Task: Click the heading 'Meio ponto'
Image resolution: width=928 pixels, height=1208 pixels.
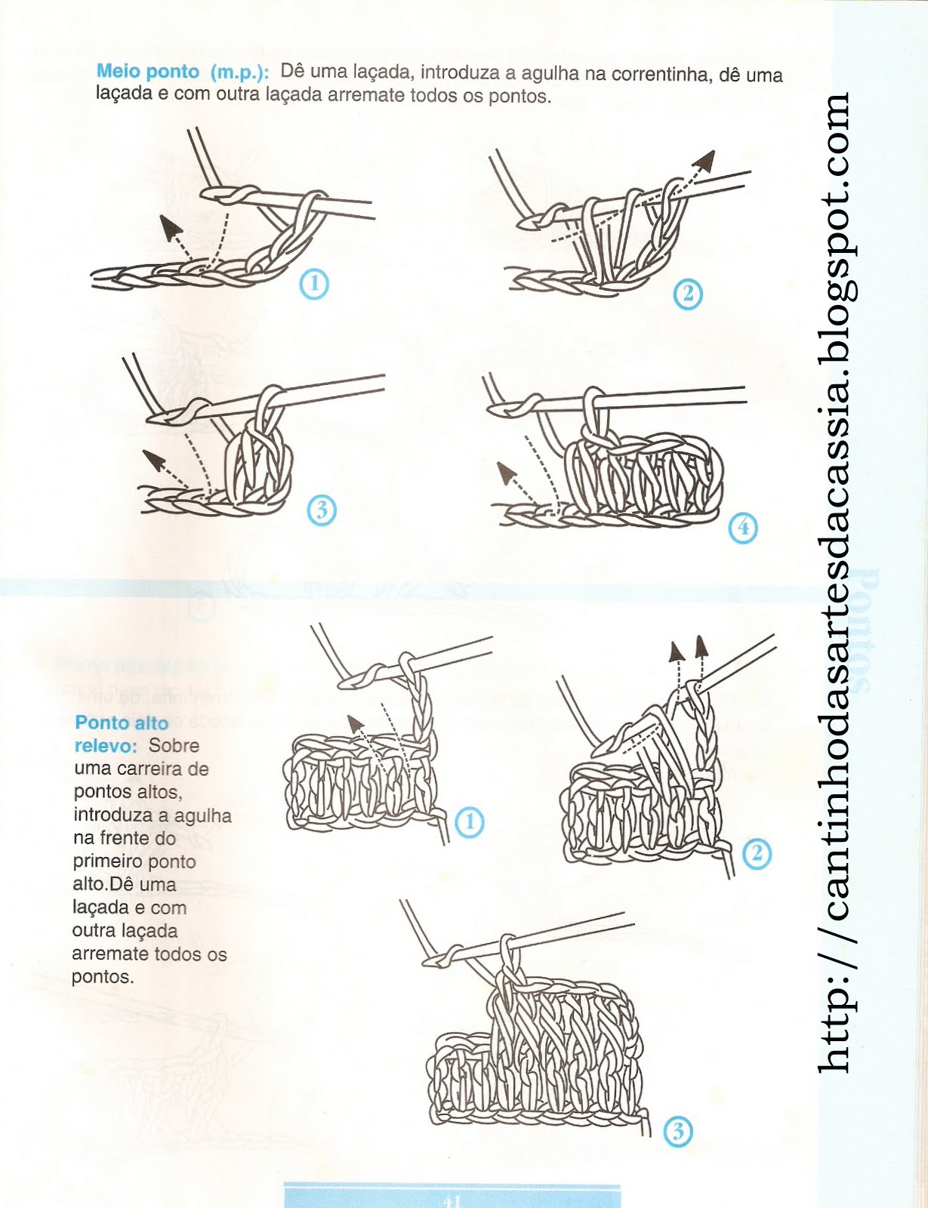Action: tap(148, 72)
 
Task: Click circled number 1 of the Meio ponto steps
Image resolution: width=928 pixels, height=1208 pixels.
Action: tap(314, 284)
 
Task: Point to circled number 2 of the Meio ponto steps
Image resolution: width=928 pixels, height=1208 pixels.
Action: tap(687, 293)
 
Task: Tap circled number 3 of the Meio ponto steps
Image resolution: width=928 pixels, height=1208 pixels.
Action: tap(322, 510)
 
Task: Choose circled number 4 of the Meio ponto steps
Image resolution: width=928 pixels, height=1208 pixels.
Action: tap(743, 527)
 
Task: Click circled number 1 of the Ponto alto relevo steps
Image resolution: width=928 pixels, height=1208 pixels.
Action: tap(470, 821)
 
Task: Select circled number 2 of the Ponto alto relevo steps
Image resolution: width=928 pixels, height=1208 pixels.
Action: tap(757, 854)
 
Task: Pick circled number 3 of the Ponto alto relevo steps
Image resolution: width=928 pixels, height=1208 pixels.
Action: tap(677, 1131)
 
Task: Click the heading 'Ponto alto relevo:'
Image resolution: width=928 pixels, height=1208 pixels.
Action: tap(121, 734)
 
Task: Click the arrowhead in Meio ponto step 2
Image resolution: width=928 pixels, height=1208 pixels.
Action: tap(706, 159)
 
